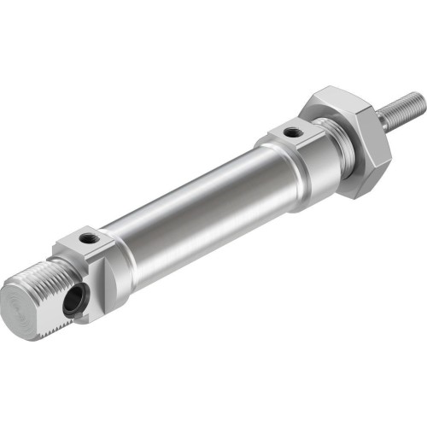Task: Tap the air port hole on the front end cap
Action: point(293,132)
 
